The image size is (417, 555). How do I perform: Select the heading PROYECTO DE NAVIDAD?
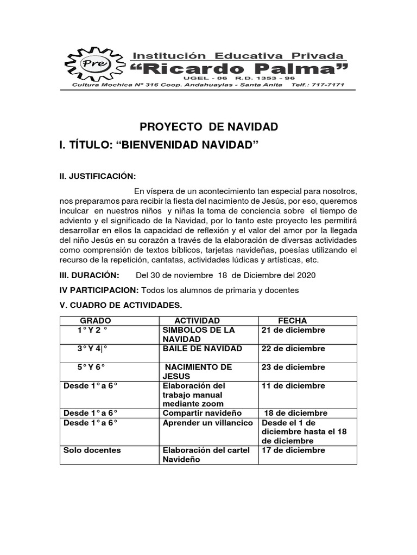[209, 127]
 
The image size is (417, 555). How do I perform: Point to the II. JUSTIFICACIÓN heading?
[98, 177]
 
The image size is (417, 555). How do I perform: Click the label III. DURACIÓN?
[89, 275]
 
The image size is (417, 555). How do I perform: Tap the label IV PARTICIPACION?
[99, 290]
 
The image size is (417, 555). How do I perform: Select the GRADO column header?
[96, 321]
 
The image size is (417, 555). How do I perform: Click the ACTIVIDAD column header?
[197, 321]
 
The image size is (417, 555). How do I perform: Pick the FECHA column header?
[292, 321]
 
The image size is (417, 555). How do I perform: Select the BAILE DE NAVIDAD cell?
[203, 349]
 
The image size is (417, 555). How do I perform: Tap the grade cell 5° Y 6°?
[91, 367]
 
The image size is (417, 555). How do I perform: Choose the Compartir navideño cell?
[202, 413]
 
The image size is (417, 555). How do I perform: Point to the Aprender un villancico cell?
[208, 423]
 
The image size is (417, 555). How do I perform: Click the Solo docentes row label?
[92, 450]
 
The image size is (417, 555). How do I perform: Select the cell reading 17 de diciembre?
[293, 450]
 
